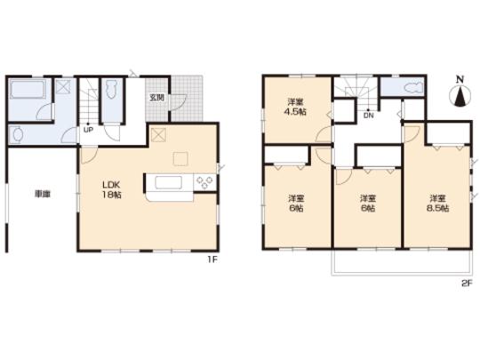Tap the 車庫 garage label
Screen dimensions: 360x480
pos(41,194)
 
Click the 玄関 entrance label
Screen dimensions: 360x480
pos(156,98)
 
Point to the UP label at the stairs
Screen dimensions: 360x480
pos(87,130)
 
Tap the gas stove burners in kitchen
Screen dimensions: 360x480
pos(203,183)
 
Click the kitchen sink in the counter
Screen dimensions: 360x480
pos(169,184)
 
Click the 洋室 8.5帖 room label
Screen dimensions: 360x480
pos(437,203)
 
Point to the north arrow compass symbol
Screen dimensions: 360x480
pos(459,97)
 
